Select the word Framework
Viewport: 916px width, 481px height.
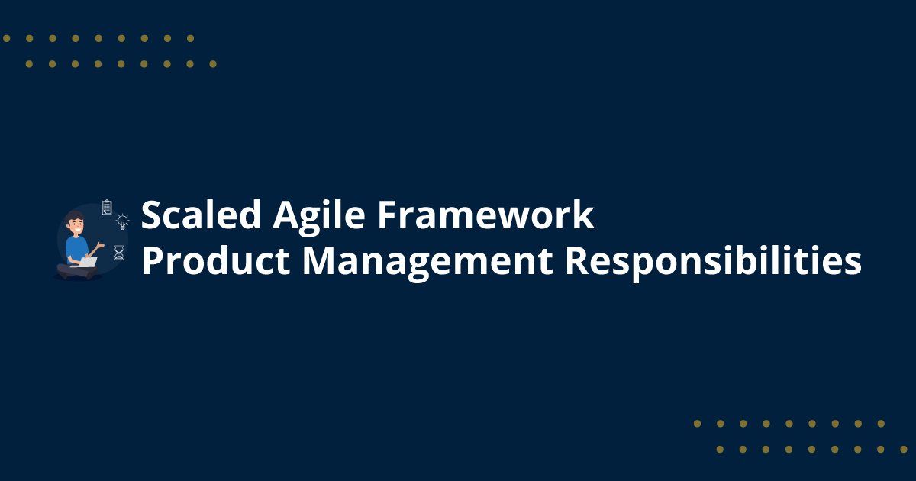[485, 216]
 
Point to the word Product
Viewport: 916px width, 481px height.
[216, 262]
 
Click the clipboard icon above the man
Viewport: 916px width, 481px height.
[107, 207]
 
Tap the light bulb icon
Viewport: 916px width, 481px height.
[122, 222]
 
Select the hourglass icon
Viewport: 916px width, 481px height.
[119, 253]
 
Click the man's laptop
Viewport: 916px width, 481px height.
[87, 263]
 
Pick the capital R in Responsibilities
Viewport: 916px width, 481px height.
[577, 262]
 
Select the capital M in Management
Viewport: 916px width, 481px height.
[319, 262]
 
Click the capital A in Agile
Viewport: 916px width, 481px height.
[286, 216]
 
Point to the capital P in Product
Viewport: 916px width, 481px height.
[153, 262]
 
